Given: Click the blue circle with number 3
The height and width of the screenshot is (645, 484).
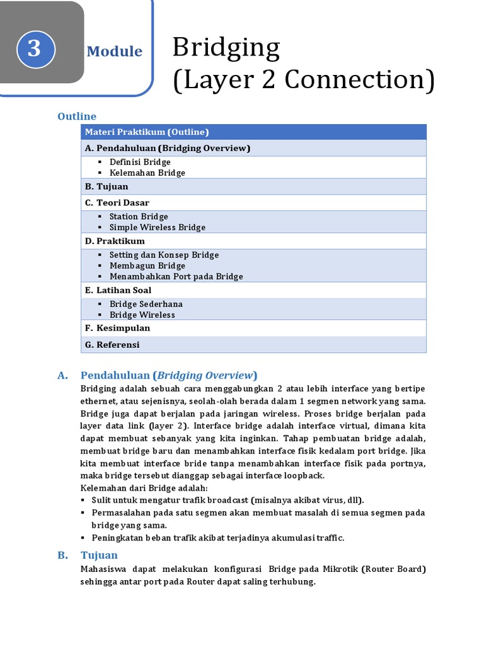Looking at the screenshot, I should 34,50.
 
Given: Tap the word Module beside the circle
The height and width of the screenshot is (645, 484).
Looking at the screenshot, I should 114,52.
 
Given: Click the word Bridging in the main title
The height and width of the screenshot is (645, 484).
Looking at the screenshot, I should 226,49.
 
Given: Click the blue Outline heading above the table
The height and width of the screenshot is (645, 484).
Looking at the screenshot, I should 77,117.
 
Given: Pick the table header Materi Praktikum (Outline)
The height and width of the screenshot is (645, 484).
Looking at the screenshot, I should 147,132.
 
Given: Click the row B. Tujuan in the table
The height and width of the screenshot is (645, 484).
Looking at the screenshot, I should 107,186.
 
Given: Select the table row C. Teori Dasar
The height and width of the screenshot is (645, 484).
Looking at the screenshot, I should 117,203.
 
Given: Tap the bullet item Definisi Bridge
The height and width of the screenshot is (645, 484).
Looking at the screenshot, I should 140,162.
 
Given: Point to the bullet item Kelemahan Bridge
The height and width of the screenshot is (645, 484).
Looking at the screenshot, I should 147,173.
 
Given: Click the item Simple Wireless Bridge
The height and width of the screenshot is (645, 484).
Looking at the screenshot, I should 158,227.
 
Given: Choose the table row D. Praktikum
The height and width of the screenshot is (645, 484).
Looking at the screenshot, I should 115,241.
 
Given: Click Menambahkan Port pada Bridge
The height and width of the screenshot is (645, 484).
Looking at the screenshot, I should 176,277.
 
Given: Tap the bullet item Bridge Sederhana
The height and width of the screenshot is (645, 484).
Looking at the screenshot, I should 146,304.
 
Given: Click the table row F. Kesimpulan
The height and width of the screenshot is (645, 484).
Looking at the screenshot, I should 117,328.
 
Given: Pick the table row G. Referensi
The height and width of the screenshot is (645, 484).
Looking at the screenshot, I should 112,345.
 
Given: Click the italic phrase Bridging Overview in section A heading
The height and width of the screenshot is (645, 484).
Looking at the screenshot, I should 205,375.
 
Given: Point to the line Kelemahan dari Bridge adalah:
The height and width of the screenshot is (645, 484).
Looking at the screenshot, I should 144,488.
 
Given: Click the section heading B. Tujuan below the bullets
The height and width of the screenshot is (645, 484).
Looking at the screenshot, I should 99,556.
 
